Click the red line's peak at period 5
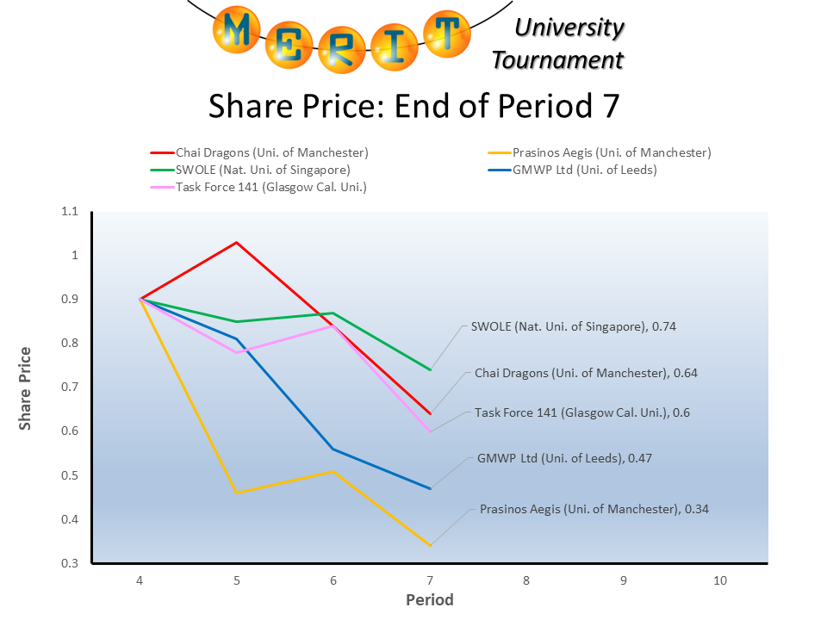[x=236, y=242]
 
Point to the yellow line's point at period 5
[x=236, y=493]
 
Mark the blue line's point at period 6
[x=333, y=449]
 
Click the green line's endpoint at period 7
[x=430, y=369]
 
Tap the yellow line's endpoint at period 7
[x=430, y=545]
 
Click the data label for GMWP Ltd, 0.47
[x=564, y=458]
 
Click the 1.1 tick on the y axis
[x=69, y=211]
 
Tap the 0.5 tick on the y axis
[x=69, y=475]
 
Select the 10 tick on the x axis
[x=720, y=580]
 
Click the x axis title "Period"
[x=430, y=600]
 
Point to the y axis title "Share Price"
[x=26, y=387]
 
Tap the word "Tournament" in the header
[x=557, y=60]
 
